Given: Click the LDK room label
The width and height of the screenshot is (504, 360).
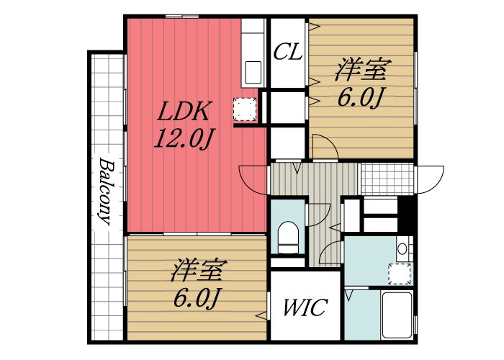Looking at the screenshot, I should (184, 112).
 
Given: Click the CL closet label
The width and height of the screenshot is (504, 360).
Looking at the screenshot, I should (287, 53).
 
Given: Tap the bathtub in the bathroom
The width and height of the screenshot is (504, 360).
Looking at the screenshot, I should (395, 314).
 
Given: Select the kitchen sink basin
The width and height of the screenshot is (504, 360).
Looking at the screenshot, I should (253, 72).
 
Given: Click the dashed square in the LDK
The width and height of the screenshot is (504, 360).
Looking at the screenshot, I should (244, 108).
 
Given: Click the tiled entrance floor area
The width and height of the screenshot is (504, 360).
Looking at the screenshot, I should (387, 178).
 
